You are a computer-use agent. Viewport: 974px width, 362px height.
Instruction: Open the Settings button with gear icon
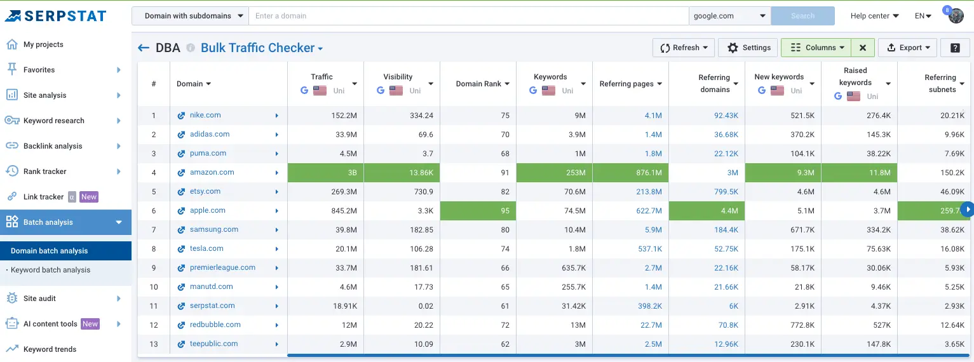point(749,48)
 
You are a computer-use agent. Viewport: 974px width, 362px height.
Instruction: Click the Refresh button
point(683,48)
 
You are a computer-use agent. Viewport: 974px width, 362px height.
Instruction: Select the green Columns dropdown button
point(816,48)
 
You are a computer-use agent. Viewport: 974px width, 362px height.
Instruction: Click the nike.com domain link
point(205,115)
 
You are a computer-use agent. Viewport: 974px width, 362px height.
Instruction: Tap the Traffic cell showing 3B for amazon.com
point(325,172)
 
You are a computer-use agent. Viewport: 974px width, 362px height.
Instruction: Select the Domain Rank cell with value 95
point(478,210)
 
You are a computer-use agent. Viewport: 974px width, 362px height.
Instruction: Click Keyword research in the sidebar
point(54,121)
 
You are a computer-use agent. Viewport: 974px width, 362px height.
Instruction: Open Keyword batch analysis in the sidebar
point(51,270)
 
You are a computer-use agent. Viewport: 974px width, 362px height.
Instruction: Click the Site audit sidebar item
point(40,298)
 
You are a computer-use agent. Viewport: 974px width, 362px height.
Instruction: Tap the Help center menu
point(874,16)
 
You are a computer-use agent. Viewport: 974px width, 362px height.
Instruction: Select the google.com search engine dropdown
point(729,16)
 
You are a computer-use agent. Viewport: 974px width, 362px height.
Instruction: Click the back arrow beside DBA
point(144,48)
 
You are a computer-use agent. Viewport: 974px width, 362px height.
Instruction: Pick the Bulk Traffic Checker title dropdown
point(262,48)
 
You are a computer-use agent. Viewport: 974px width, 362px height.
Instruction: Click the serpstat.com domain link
point(212,305)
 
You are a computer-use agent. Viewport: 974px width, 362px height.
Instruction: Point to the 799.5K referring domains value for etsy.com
point(726,191)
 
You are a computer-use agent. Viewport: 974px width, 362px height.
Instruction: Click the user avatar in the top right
point(956,16)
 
